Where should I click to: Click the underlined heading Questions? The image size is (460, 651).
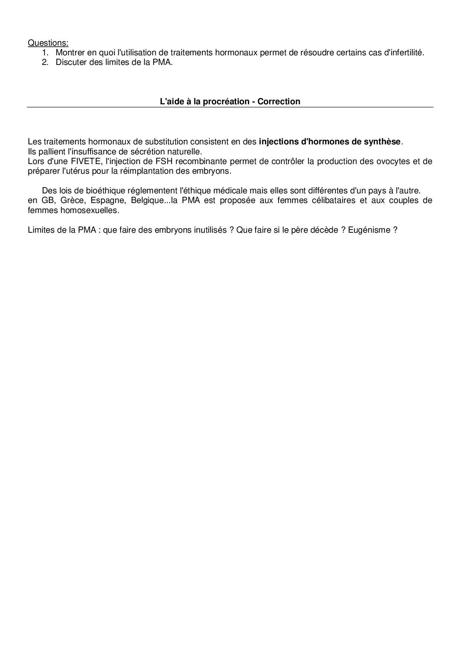[48, 43]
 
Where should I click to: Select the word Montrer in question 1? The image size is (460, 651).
[70, 53]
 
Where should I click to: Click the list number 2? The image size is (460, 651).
[45, 62]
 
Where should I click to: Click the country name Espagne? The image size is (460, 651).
[108, 201]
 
